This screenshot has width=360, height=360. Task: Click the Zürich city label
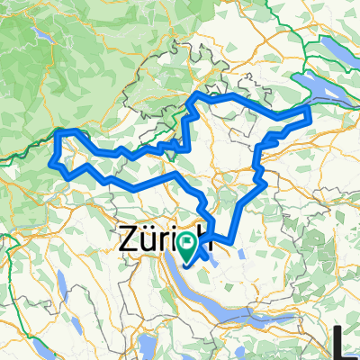(x=158, y=241)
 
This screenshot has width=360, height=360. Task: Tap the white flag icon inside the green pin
(x=187, y=241)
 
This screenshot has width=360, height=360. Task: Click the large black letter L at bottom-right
(x=345, y=343)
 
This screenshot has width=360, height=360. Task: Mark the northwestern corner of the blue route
(x=61, y=133)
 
